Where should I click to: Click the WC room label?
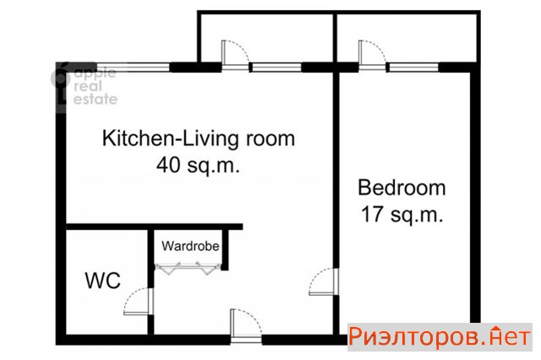coord(103,281)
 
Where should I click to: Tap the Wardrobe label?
coord(190,246)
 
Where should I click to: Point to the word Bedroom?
coord(402,188)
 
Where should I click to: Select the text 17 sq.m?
coord(402,214)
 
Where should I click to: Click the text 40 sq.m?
coord(198,165)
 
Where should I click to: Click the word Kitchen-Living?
coord(170,139)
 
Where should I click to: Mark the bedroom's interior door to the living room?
coord(324,281)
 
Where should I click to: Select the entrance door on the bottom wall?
coord(246,325)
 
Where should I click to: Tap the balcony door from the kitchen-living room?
coord(235,55)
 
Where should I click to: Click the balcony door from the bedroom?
coord(372,55)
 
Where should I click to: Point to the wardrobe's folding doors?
coord(188,269)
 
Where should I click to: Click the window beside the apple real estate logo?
coord(134,68)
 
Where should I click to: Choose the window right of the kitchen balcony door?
coord(276,68)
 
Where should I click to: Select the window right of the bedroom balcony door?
coord(413,68)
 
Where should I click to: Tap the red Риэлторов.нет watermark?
coord(440,336)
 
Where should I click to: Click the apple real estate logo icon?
coord(60,79)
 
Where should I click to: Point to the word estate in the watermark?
coord(96,99)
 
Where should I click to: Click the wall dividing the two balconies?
coord(335,38)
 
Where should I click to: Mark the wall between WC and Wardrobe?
coord(150,282)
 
